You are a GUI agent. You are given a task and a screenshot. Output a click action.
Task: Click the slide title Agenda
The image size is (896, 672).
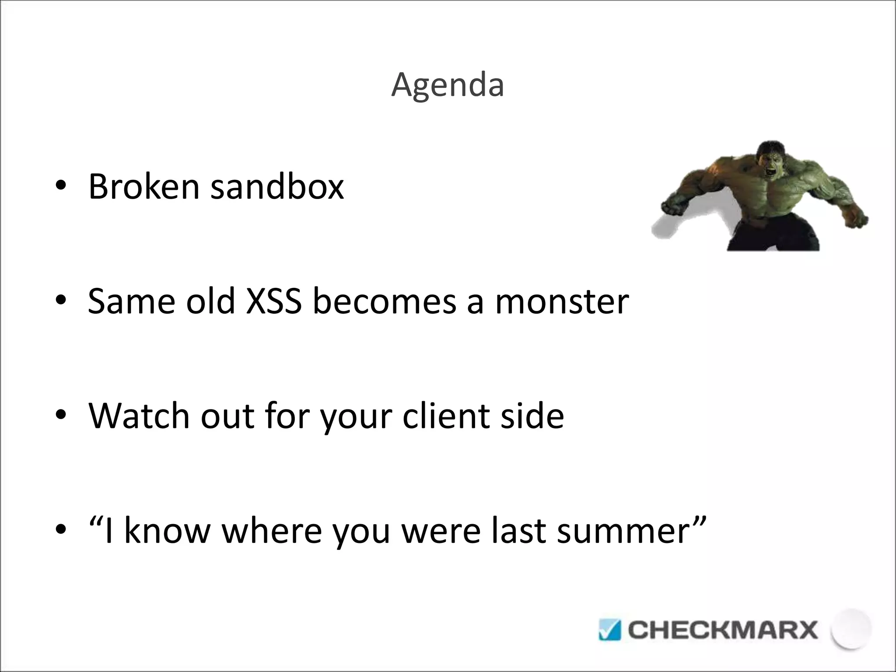tap(448, 85)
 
